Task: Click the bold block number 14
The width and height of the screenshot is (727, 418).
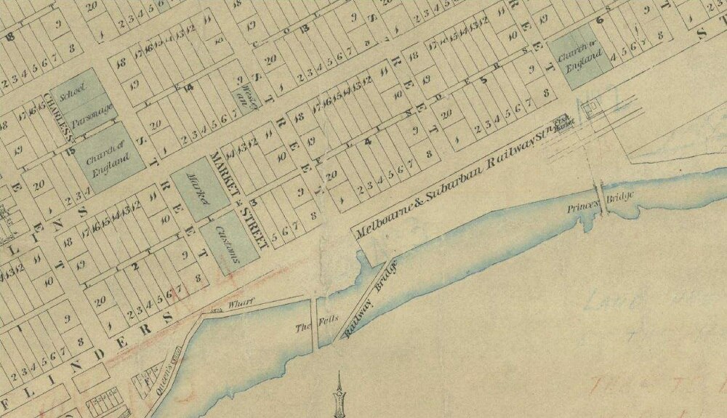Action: pos(188,88)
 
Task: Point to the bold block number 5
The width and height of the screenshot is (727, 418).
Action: pos(483,81)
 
